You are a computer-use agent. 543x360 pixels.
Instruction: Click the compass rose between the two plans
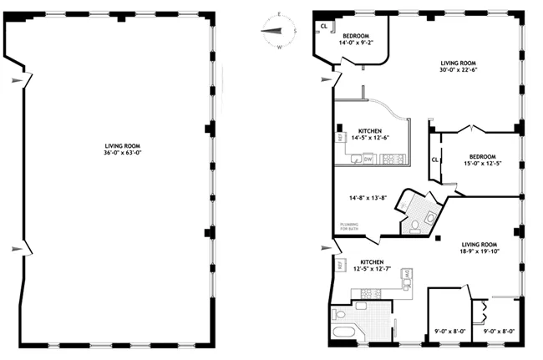click(279, 32)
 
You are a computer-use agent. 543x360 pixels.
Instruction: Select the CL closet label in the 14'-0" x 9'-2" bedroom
click(323, 27)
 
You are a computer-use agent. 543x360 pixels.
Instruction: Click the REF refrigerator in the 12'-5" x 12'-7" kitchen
click(341, 265)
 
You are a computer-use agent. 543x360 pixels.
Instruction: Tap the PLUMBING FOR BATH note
click(349, 227)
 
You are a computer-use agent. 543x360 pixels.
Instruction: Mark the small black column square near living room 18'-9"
click(436, 240)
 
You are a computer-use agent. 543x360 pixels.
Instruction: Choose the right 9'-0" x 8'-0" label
click(500, 331)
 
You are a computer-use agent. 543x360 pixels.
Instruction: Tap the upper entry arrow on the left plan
click(20, 80)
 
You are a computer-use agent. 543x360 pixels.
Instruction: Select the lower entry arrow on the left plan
click(20, 249)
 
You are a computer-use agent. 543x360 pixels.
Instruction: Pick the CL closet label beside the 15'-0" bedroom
click(435, 160)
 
